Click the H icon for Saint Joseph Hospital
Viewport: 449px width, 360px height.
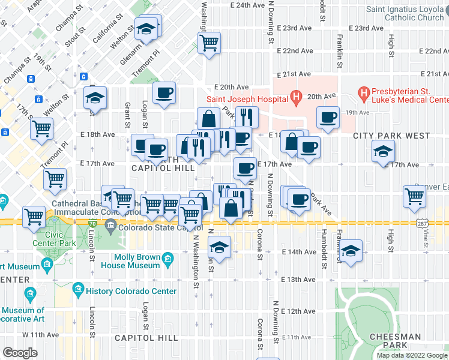click(295, 96)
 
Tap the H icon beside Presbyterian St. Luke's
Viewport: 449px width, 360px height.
click(364, 92)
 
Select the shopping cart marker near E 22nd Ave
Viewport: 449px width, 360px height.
click(209, 43)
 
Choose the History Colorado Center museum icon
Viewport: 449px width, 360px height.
click(77, 291)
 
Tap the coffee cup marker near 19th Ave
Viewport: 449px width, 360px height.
click(328, 118)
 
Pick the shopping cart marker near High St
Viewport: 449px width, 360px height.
click(415, 196)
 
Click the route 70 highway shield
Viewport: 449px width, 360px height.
click(91, 223)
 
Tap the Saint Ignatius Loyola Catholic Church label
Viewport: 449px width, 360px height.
click(405, 13)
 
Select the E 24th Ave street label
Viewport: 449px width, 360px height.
click(247, 5)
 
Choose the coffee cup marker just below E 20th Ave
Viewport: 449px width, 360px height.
click(163, 92)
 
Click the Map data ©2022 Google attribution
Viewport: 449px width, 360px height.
click(411, 355)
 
